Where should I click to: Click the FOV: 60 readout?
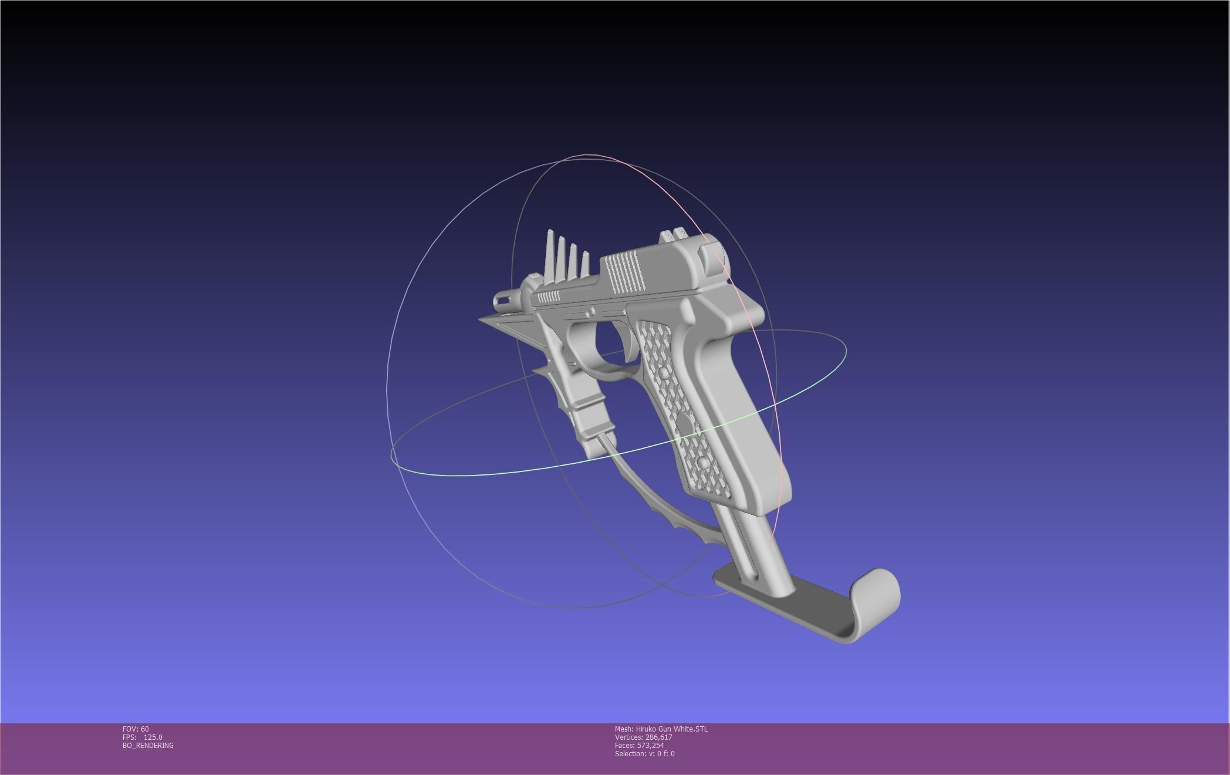[x=136, y=729]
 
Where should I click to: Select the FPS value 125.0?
[x=153, y=737]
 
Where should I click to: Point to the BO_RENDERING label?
[x=148, y=746]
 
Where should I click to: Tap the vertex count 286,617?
[x=658, y=737]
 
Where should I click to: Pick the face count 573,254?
[x=650, y=746]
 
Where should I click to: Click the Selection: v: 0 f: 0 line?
[x=644, y=754]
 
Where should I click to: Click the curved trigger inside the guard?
[x=626, y=343]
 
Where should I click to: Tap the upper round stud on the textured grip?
[x=663, y=373]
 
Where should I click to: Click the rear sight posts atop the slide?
[x=675, y=235]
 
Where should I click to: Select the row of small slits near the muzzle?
[x=549, y=296]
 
